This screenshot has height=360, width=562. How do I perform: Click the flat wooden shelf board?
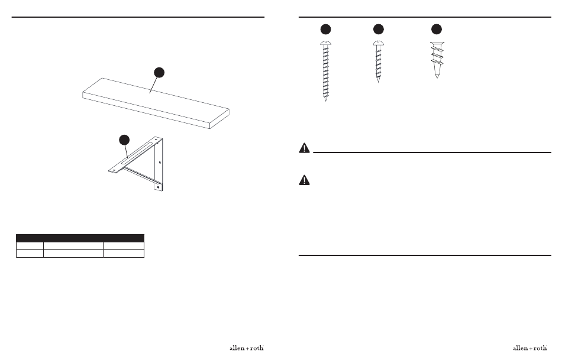tap(154, 102)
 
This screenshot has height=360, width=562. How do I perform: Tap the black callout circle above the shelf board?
tap(159, 72)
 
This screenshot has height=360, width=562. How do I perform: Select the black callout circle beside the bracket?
tap(124, 140)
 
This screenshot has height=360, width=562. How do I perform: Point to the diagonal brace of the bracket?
tap(142, 174)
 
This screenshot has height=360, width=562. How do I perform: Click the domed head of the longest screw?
tap(325, 44)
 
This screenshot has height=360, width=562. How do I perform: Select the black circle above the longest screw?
tap(325, 29)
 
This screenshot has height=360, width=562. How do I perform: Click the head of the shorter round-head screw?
tap(377, 43)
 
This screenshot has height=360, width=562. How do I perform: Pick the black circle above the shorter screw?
tap(377, 29)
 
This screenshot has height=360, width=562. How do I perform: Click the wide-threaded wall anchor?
tap(437, 59)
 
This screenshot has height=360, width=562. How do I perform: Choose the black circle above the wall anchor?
tap(437, 29)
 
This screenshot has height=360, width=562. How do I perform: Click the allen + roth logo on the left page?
tap(245, 348)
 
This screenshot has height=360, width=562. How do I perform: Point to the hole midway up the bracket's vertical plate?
tap(160, 162)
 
